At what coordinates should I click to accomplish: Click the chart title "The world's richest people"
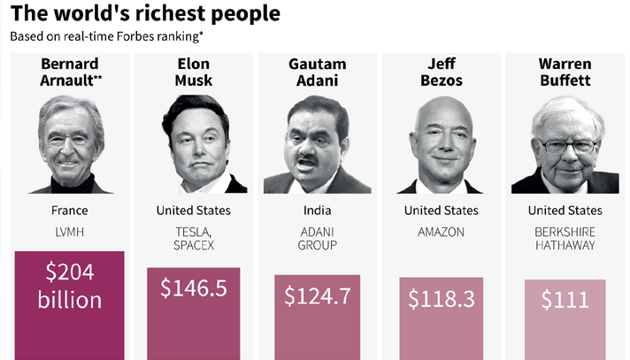[x=146, y=14]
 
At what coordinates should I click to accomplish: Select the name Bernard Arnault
[x=70, y=73]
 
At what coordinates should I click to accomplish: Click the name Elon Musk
[x=193, y=73]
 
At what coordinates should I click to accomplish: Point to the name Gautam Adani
[x=317, y=73]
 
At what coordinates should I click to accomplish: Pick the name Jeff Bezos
[x=441, y=73]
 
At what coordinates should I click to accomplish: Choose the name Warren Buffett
[x=565, y=73]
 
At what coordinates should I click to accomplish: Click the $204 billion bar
[x=70, y=305]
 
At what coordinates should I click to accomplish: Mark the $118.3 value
[x=441, y=298]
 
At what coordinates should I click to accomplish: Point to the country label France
[x=70, y=211]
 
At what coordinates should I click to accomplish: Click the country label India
[x=317, y=211]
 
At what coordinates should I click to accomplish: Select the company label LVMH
[x=70, y=232]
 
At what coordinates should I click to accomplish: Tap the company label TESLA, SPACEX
[x=193, y=238]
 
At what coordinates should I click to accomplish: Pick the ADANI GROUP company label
[x=317, y=238]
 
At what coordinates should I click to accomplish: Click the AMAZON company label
[x=441, y=232]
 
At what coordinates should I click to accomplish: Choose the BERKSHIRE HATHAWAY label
[x=565, y=238]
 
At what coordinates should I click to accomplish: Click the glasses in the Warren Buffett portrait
[x=566, y=144]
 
